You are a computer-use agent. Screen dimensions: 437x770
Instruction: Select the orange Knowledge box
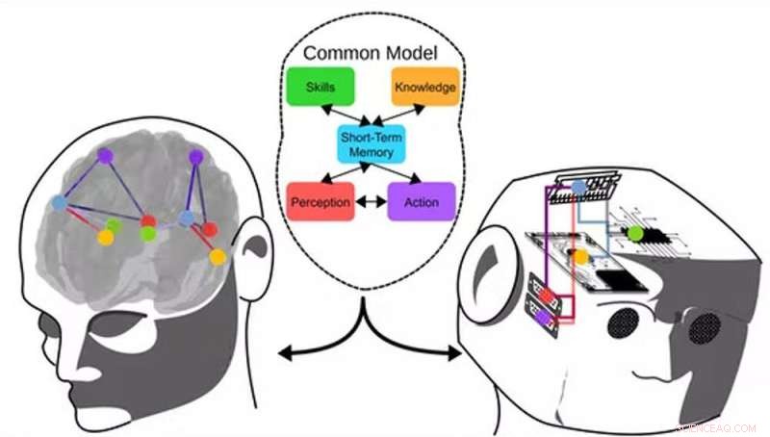[423, 88]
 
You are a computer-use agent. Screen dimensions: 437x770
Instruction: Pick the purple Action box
[421, 202]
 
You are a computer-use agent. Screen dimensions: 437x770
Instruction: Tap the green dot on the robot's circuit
[635, 233]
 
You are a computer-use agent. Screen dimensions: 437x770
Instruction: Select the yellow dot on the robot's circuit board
[580, 257]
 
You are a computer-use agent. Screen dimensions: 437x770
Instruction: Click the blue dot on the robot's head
[577, 186]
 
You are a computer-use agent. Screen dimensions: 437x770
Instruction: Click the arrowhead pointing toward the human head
[283, 357]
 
